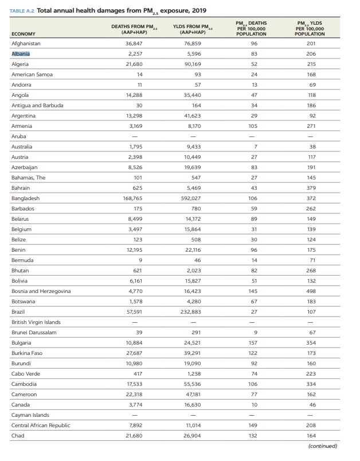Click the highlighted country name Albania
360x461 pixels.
(21, 54)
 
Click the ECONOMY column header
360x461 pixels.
(23, 34)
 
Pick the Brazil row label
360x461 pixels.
(18, 312)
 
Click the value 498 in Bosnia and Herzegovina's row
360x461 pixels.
(311, 291)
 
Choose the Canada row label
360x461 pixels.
(20, 405)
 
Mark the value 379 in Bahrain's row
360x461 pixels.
(311, 188)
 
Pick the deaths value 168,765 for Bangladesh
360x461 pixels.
(134, 198)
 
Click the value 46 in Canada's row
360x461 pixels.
(311, 405)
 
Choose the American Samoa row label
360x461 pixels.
(32, 75)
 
